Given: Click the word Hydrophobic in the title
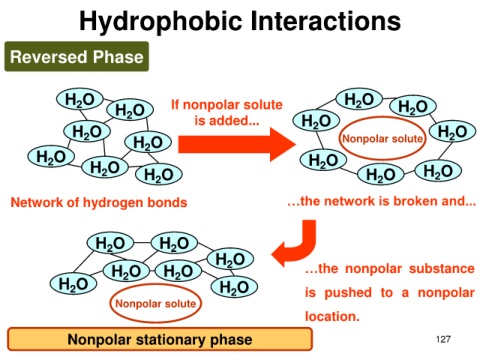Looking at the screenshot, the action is point(160,22).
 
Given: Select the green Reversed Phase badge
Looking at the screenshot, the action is point(77,56).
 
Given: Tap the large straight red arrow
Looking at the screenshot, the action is point(237,144).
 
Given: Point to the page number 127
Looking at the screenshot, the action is point(443,339).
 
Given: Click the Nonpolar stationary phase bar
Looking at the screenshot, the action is point(160,339).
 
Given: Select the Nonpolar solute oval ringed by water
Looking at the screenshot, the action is point(383,138).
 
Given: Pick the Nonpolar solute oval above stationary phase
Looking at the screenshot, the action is point(155,303).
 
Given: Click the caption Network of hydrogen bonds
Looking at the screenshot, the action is point(99,202).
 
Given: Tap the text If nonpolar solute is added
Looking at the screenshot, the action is point(227,113).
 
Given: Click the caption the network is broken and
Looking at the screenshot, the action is point(382,201).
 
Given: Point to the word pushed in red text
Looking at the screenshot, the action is point(348,293).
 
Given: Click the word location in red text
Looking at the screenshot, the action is point(332,316).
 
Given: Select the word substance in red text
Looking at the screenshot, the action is point(442,268).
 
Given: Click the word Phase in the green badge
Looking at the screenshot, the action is point(118,57).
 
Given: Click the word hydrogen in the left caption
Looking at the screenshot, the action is point(114,203).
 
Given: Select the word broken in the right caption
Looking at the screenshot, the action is point(417,201).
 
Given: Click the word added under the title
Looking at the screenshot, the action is point(237,120).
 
